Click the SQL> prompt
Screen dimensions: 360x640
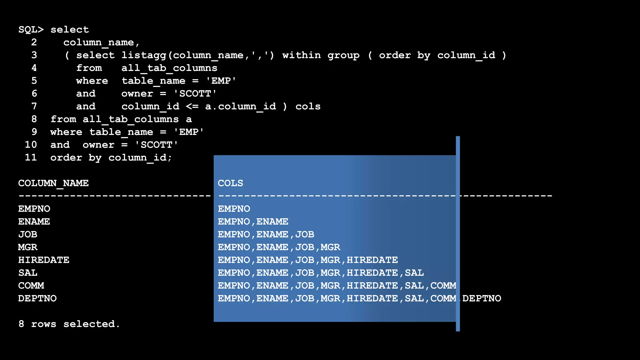click(x=31, y=30)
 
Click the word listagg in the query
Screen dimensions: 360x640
click(x=144, y=55)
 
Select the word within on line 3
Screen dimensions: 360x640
click(x=301, y=55)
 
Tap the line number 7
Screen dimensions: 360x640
click(x=34, y=107)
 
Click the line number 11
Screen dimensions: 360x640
click(x=31, y=157)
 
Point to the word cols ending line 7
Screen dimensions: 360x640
click(x=308, y=107)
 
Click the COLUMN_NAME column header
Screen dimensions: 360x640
click(x=53, y=183)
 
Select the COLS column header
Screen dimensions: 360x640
click(x=230, y=183)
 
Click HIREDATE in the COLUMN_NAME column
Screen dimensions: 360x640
click(x=44, y=260)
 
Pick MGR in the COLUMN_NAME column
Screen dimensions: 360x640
click(x=28, y=247)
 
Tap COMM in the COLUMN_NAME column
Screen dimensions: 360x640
click(x=31, y=286)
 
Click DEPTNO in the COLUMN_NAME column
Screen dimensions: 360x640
click(x=37, y=298)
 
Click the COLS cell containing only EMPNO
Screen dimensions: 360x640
click(x=234, y=209)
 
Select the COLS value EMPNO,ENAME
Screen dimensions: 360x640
click(x=253, y=222)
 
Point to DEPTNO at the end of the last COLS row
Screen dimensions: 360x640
click(x=482, y=298)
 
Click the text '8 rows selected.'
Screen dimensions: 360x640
click(x=69, y=324)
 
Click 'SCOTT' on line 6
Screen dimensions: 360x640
click(x=195, y=94)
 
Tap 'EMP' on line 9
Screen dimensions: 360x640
click(x=189, y=132)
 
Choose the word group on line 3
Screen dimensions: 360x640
click(x=343, y=55)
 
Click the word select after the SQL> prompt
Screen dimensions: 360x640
click(x=70, y=30)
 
